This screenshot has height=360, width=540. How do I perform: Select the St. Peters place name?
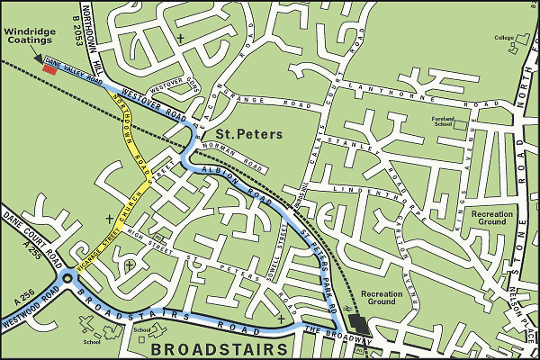click(254, 134)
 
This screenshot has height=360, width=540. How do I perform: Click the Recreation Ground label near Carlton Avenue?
click(382, 299)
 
